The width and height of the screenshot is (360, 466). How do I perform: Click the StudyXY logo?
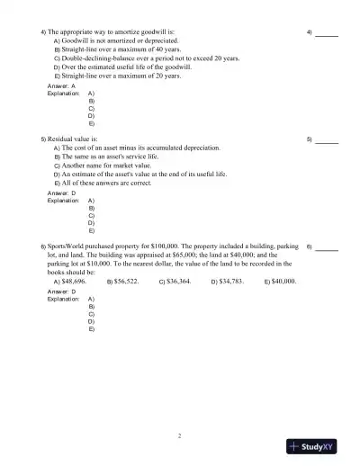coord(319,445)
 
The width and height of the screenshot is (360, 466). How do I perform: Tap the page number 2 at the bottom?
coord(180,435)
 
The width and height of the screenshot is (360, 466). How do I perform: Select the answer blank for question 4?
coord(327,34)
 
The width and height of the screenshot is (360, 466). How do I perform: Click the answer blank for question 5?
coord(327,141)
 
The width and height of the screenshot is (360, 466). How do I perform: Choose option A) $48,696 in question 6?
coord(70,281)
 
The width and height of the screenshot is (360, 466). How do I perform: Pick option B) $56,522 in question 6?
coord(122,281)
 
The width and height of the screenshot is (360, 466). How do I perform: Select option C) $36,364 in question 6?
coord(175,281)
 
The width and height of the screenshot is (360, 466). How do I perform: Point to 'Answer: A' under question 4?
coord(59,85)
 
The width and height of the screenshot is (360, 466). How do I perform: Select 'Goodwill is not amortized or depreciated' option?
coord(115,40)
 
